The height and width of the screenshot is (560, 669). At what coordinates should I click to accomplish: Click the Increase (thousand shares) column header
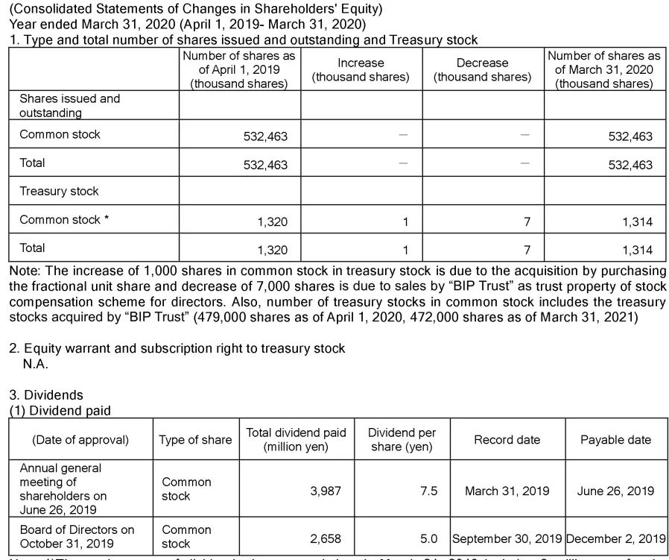click(361, 70)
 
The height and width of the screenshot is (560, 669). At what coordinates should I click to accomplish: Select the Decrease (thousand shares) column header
click(482, 70)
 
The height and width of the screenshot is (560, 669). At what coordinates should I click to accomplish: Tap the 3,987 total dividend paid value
click(325, 491)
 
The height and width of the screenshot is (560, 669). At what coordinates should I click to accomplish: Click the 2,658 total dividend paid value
click(325, 538)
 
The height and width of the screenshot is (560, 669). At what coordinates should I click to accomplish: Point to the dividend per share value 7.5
click(428, 491)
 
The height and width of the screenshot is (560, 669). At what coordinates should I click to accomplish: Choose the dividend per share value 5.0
click(428, 538)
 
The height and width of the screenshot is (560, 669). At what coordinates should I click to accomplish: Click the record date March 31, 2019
click(507, 491)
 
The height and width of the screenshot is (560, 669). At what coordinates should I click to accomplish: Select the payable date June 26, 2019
click(615, 491)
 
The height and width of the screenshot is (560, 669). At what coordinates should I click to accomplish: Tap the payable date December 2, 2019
click(615, 538)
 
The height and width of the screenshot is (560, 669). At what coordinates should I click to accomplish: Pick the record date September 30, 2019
click(507, 538)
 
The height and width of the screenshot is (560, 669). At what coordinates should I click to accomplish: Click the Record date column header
click(507, 440)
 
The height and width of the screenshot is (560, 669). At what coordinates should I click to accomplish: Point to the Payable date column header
click(615, 440)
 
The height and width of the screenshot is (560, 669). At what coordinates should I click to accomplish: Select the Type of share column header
click(195, 440)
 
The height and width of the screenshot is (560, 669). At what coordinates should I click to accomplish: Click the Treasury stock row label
click(59, 192)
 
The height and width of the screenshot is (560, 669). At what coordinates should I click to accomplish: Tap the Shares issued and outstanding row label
click(69, 105)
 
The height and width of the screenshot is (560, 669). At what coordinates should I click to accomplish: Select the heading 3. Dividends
click(46, 395)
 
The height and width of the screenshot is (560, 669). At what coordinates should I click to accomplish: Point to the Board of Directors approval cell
click(77, 536)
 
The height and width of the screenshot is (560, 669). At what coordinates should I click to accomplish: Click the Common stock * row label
click(63, 220)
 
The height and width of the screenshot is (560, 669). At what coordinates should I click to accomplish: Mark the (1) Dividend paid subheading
click(60, 411)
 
